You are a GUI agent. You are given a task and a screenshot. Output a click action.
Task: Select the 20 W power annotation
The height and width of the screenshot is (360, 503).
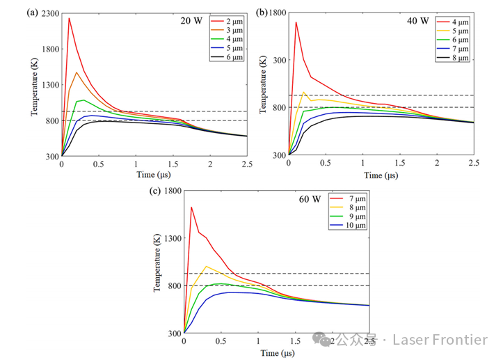point(190,20)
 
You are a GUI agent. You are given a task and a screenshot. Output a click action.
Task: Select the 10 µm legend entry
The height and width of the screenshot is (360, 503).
point(356,226)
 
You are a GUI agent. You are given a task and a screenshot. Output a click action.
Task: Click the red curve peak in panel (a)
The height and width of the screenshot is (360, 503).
point(69,18)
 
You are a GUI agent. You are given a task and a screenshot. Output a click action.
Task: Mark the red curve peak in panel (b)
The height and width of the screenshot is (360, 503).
point(296,22)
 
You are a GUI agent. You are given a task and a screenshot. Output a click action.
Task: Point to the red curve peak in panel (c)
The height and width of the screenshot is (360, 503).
point(191,207)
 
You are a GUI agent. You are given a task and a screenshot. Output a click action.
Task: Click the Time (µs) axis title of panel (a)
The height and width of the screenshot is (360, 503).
point(154,174)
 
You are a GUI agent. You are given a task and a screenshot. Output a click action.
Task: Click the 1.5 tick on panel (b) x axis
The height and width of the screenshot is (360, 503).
point(399,162)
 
